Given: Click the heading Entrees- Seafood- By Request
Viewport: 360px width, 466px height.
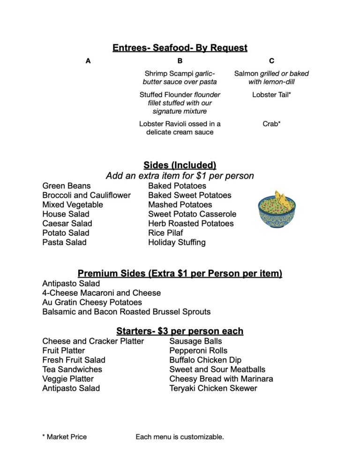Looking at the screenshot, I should click(x=180, y=48).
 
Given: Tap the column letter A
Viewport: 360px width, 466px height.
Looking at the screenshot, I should click(x=88, y=61).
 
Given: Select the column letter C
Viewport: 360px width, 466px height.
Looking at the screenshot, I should click(x=271, y=61).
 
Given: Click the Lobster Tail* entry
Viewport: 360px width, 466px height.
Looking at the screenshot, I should click(x=271, y=95).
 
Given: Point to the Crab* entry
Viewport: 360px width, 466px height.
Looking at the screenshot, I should click(x=271, y=124).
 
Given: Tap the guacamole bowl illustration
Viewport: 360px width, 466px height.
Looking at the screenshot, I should click(x=277, y=212).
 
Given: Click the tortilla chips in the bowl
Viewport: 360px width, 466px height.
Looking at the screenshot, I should click(x=281, y=199).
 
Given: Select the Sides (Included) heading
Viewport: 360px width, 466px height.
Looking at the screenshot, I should click(x=180, y=165).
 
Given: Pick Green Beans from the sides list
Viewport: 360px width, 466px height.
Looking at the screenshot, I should click(x=67, y=186).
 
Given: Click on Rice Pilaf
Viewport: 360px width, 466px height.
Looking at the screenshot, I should click(x=165, y=233).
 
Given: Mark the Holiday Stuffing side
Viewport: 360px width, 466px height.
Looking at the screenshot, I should click(x=177, y=242).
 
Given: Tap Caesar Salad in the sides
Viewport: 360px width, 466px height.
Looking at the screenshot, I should click(x=67, y=224).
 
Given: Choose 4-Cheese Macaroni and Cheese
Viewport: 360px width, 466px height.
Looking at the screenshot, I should click(x=101, y=293).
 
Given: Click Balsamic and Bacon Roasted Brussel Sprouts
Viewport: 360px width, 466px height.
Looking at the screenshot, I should click(x=126, y=312).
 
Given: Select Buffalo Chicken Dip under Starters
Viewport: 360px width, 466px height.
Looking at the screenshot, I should click(x=205, y=360).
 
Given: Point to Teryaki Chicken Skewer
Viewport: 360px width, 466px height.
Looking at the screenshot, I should click(x=213, y=388).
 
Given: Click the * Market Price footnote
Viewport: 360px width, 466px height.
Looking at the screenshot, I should click(x=64, y=437).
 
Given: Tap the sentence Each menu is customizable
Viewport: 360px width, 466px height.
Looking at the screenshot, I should click(x=180, y=437).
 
